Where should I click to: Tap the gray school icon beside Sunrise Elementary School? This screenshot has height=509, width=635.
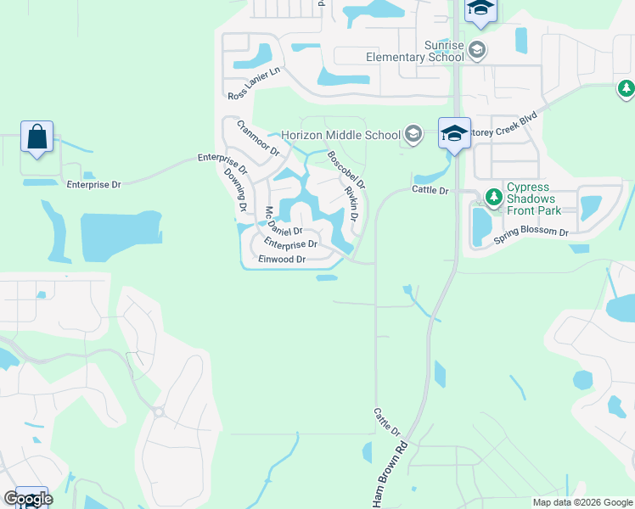point(477,48)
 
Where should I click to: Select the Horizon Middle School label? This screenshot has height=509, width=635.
point(340,135)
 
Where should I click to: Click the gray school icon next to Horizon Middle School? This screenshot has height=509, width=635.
point(413,133)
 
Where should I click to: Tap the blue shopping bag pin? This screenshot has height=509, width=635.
point(37,137)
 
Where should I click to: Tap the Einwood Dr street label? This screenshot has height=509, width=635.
point(281,259)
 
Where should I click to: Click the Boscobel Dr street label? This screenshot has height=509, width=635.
point(346,170)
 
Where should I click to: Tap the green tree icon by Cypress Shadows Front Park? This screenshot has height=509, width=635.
point(493,198)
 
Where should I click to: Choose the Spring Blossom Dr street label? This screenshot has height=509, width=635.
point(531,232)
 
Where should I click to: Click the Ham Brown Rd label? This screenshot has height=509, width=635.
point(390,475)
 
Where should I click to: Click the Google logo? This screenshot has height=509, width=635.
point(28,499)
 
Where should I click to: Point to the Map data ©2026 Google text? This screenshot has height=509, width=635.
point(582,502)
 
